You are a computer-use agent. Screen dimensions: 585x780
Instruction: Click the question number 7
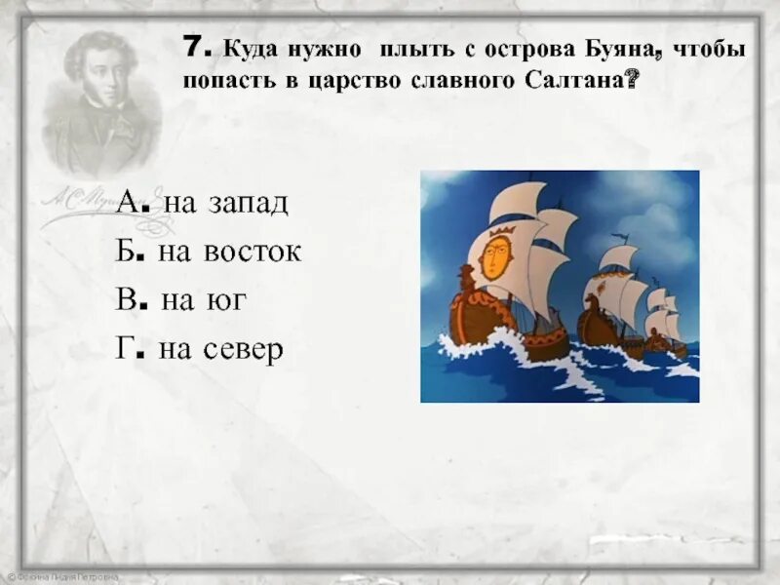point(192,48)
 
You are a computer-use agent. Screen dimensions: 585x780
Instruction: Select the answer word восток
point(253,252)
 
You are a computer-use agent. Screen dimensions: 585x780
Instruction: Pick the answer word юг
point(226,300)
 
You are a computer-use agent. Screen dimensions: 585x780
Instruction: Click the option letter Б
point(128,251)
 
